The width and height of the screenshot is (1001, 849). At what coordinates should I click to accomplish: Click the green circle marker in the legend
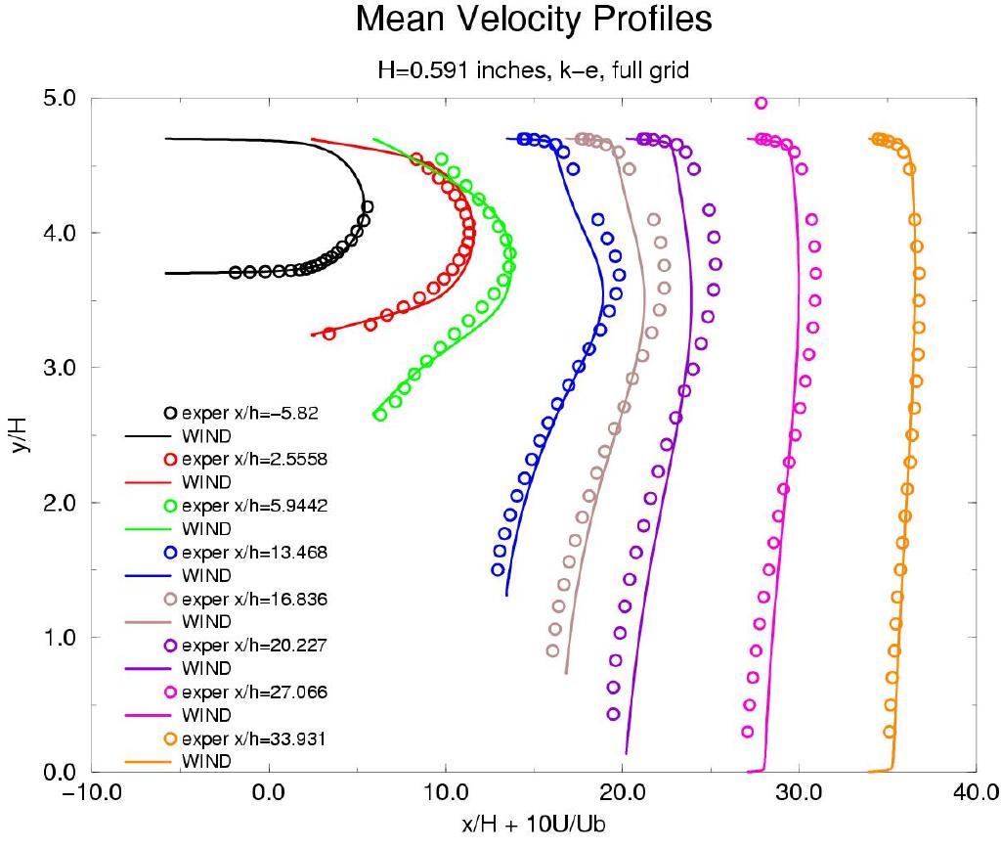170,506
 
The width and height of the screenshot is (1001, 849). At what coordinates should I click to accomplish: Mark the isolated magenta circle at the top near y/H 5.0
761,103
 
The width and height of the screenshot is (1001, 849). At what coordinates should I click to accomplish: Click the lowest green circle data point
380,415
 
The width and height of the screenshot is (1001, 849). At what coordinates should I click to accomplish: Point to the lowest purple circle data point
613,714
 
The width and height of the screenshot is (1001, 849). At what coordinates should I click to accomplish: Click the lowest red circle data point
329,334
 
